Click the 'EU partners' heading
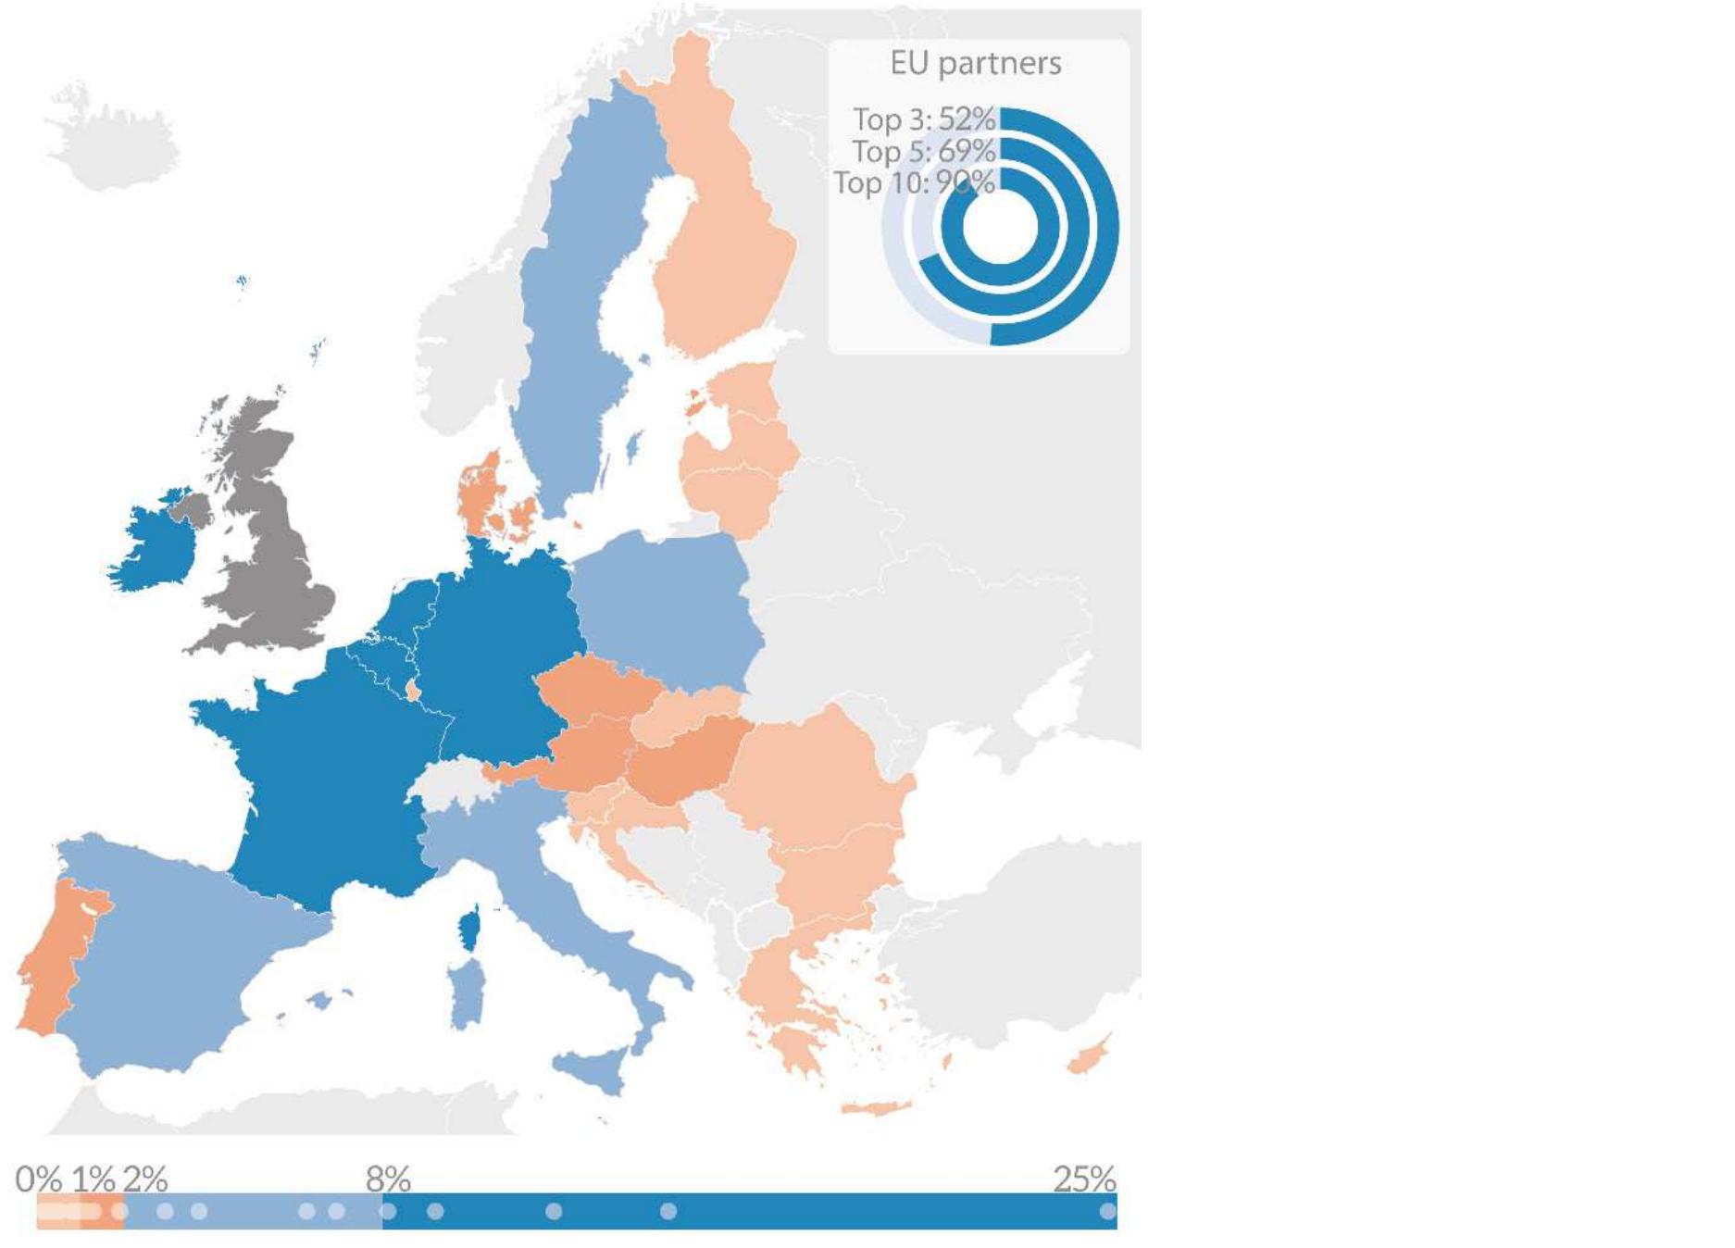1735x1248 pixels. (x=976, y=63)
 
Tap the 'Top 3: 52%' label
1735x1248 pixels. (x=923, y=119)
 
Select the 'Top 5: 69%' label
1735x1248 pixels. (x=923, y=151)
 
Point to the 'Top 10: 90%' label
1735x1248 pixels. (x=914, y=182)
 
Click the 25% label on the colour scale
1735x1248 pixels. (x=1084, y=1179)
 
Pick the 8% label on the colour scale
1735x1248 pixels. (x=388, y=1179)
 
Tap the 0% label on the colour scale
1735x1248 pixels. (x=38, y=1179)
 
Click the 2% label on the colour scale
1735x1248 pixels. (x=145, y=1179)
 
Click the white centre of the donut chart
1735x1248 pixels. (x=1001, y=228)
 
